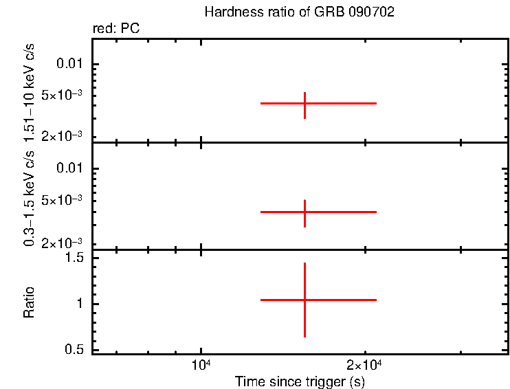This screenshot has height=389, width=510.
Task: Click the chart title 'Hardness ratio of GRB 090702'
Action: pos(299,13)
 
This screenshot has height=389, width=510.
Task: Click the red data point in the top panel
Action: pos(304,103)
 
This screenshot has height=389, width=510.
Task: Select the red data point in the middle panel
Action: pos(304,212)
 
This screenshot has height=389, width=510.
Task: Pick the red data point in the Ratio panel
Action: pos(304,300)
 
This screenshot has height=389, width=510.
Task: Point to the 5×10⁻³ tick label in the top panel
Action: pos(65,96)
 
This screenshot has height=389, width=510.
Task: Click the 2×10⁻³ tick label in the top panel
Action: pos(65,137)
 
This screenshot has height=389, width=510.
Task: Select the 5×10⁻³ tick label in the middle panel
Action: pos(65,200)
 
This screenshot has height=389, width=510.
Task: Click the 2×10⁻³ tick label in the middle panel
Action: pos(65,243)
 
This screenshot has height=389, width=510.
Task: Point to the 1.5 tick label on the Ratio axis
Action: pos(74,258)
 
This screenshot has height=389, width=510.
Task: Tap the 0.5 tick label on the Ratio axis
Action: pos(74,349)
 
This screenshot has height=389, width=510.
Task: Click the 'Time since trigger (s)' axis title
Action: pos(299,381)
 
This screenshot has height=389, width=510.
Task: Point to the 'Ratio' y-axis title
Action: pos(29,302)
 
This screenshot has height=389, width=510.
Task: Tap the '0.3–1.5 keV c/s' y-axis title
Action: pos(29,196)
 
